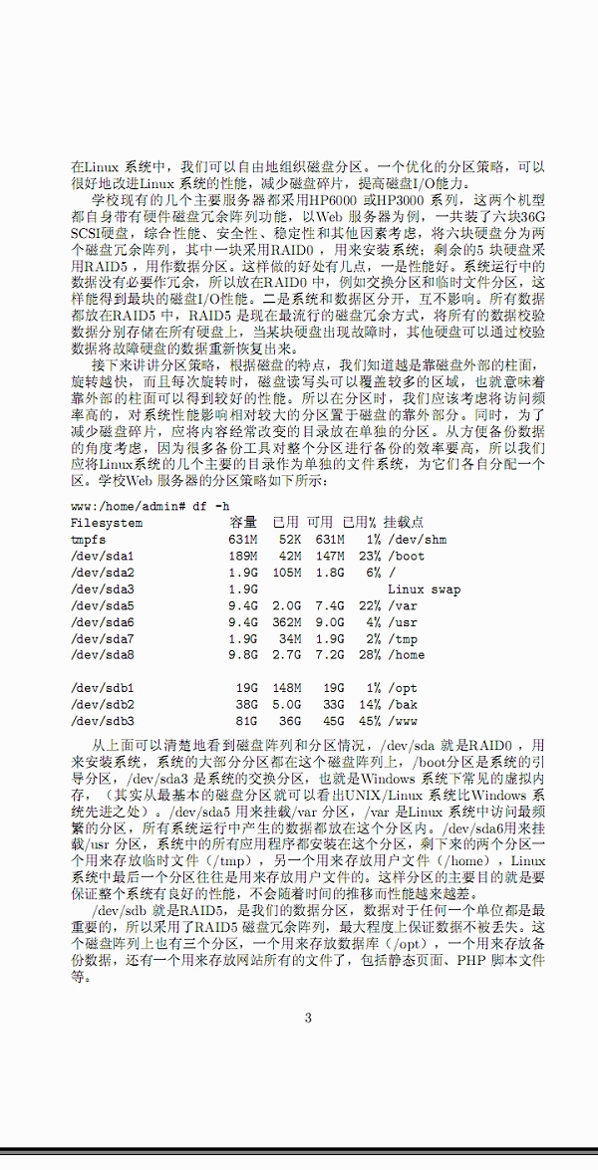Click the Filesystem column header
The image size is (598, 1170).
pos(107,523)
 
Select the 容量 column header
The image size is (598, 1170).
pos(243,523)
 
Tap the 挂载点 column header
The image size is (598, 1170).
pos(406,523)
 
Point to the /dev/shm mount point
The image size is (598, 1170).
pos(418,540)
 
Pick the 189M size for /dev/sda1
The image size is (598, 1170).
pos(243,556)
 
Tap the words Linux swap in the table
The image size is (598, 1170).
pos(424,588)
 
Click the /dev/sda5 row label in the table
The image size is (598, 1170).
pos(103,605)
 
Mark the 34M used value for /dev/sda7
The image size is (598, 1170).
pos(290,638)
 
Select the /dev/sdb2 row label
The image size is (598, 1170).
pos(103,704)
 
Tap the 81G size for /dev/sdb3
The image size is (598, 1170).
pos(247,721)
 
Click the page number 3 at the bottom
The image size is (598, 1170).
pos(308,1017)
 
